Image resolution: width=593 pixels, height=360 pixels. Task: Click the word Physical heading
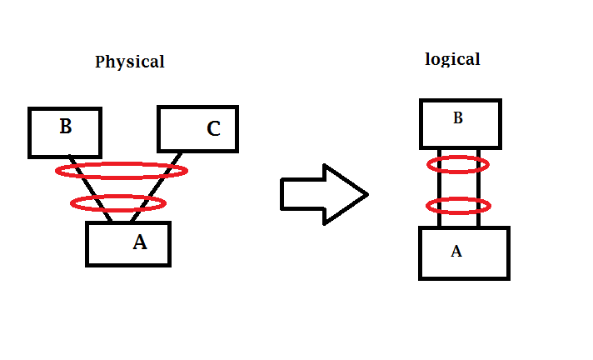(x=129, y=62)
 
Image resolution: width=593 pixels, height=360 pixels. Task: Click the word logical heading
(x=452, y=59)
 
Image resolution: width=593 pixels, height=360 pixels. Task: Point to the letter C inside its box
(x=213, y=128)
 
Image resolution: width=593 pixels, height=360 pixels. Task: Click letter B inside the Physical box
(x=66, y=127)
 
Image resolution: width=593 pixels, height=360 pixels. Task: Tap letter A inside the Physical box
(x=140, y=242)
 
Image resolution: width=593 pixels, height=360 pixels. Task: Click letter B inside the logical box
(x=457, y=118)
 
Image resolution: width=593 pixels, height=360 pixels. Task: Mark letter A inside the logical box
(x=456, y=251)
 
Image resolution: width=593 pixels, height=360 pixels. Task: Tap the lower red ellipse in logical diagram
(x=458, y=205)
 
